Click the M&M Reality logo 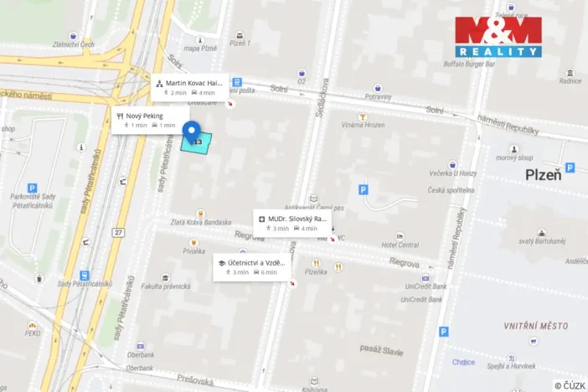[498, 36]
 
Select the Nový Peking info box [150, 120]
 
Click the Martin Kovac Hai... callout [191, 87]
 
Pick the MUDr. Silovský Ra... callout [292, 223]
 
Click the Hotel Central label [400, 245]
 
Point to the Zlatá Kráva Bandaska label [200, 222]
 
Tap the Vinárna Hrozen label [364, 125]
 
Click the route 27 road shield [119, 231]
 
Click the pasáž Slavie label [382, 347]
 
